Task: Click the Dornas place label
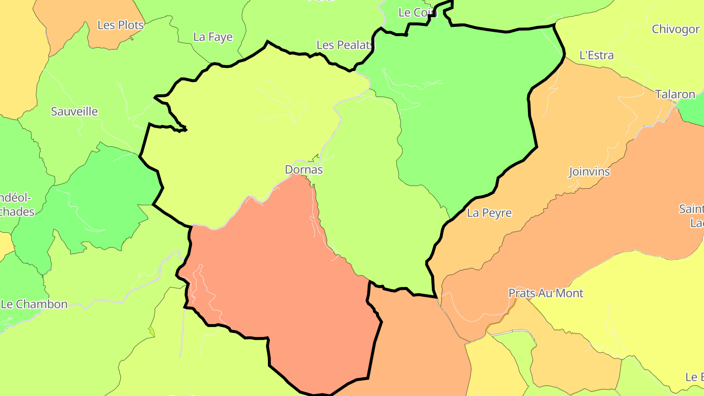click(x=304, y=170)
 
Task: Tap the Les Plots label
click(x=121, y=25)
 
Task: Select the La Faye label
click(x=213, y=37)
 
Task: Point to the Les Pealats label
click(x=345, y=45)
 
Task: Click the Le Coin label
click(x=417, y=13)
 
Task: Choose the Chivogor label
click(x=676, y=29)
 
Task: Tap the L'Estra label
click(x=596, y=55)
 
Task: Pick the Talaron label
click(x=675, y=94)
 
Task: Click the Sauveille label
click(x=74, y=111)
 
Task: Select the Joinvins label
click(x=590, y=172)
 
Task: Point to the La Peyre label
click(x=489, y=213)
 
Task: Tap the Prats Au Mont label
click(x=546, y=293)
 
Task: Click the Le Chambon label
click(x=34, y=304)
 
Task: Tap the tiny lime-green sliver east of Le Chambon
click(x=152, y=331)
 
